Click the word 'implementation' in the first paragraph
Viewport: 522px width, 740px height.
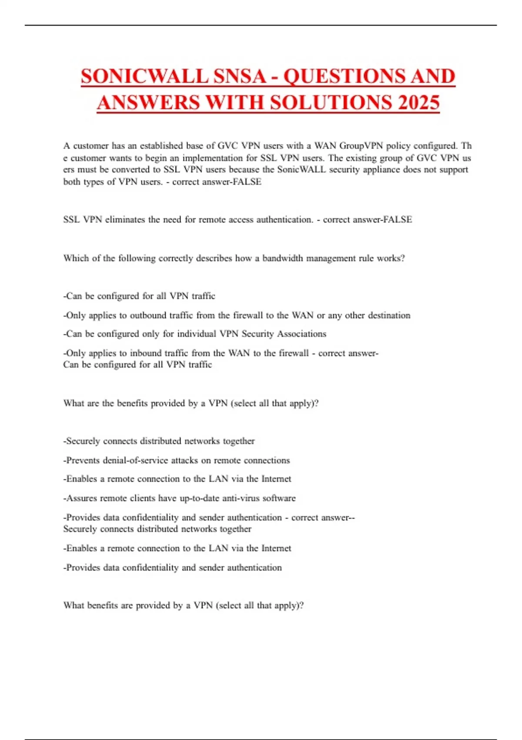tap(215, 158)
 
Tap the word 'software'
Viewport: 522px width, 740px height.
tap(279, 498)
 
